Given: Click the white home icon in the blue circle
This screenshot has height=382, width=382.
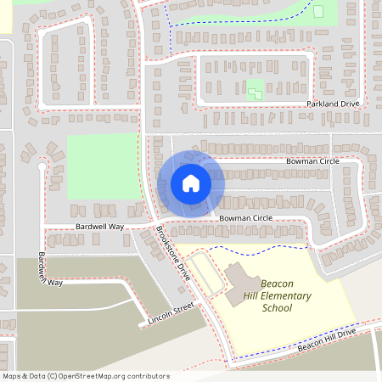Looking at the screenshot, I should coord(191,183).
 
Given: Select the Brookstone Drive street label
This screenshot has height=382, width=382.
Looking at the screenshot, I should coord(174,254).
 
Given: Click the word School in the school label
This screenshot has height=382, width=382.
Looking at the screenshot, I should coord(277,308).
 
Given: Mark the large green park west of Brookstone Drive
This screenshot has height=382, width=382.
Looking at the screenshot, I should coord(102,166).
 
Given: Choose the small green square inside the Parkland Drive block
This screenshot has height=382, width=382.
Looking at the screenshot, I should coord(255,89).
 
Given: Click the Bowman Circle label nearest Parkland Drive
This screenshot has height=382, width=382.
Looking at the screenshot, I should coord(312,160).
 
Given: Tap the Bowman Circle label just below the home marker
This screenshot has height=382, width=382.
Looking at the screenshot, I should coord(245,218).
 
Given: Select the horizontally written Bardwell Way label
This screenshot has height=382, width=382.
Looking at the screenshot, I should coord(99,228).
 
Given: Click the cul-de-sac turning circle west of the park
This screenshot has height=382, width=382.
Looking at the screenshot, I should coord(42,168).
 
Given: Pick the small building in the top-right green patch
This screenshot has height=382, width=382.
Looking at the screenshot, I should coord(318,11).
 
